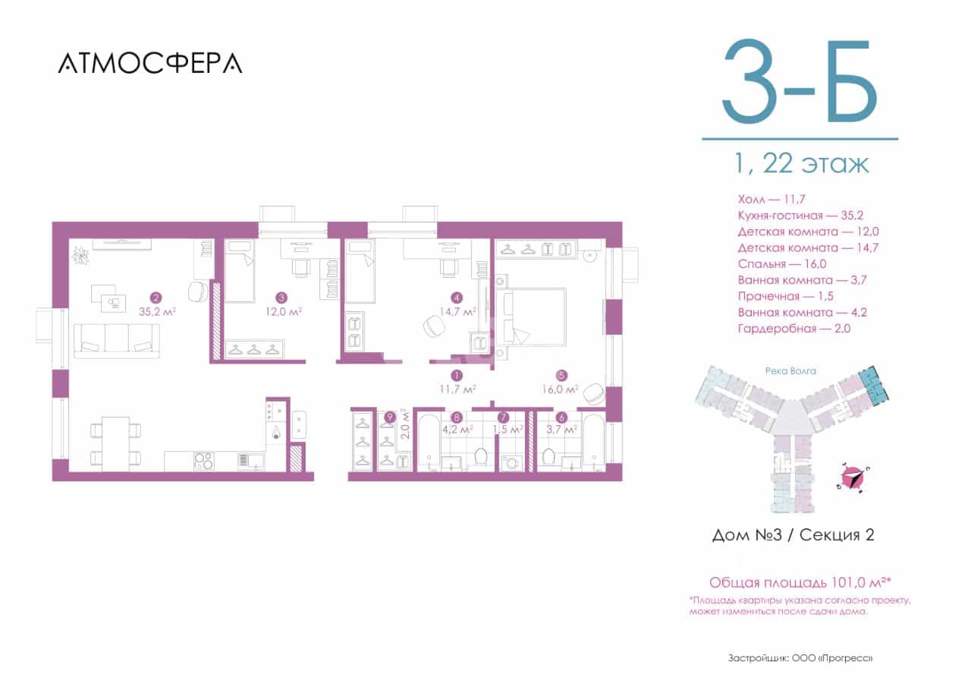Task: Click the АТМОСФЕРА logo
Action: pyautogui.click(x=150, y=63)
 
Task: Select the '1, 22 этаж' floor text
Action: pyautogui.click(x=802, y=164)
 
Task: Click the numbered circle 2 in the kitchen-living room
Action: pyautogui.click(x=156, y=298)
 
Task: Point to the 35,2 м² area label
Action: pyautogui.click(x=157, y=312)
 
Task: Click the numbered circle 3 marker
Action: pyautogui.click(x=281, y=298)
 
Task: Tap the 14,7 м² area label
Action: pyautogui.click(x=457, y=312)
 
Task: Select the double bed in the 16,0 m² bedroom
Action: pyautogui.click(x=532, y=317)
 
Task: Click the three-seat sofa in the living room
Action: pyautogui.click(x=117, y=341)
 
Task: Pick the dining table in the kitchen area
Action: pyautogui.click(x=116, y=443)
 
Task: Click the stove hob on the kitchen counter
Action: pyautogui.click(x=203, y=461)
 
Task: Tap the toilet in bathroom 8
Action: pyautogui.click(x=481, y=456)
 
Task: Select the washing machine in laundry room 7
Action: pyautogui.click(x=511, y=462)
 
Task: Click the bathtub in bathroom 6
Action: pyautogui.click(x=594, y=443)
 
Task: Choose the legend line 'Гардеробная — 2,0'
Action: pyautogui.click(x=794, y=329)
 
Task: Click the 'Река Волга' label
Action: pyautogui.click(x=790, y=370)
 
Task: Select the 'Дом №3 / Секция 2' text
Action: pyautogui.click(x=793, y=535)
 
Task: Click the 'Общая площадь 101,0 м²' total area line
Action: pyautogui.click(x=800, y=582)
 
